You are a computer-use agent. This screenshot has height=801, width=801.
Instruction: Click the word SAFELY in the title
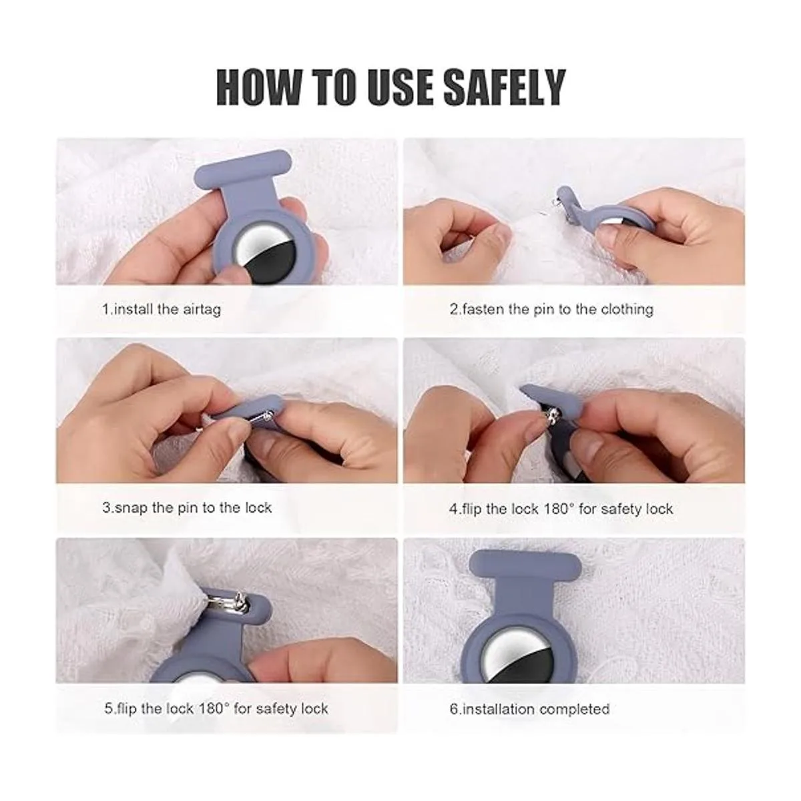click(x=505, y=87)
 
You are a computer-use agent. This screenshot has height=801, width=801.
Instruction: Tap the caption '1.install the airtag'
click(x=162, y=309)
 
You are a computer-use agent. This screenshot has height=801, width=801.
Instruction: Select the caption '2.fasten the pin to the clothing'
click(x=551, y=309)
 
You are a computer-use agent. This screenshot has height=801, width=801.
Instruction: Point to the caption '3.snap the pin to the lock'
click(x=187, y=507)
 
